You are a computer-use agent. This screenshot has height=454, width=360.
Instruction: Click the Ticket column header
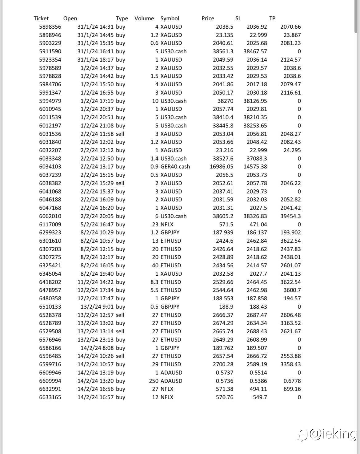(41, 18)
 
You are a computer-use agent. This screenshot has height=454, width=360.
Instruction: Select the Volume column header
(144, 18)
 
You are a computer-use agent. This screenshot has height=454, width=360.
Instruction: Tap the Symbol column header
(170, 18)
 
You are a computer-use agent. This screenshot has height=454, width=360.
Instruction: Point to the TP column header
(272, 18)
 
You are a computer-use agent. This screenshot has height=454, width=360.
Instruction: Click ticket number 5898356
(50, 27)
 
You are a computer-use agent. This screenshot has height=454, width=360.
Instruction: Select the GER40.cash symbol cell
(175, 167)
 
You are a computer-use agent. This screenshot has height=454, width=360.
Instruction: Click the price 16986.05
(219, 167)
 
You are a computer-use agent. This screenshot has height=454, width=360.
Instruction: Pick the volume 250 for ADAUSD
(154, 381)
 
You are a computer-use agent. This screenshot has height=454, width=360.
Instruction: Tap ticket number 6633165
(50, 397)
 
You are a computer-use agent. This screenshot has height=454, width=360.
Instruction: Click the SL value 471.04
(258, 225)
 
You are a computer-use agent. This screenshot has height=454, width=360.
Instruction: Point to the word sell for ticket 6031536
(120, 134)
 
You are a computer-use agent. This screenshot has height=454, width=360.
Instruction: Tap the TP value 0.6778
(292, 381)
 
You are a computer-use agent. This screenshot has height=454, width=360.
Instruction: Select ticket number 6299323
(50, 233)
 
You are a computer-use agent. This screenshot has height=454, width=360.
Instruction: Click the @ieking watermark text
(332, 434)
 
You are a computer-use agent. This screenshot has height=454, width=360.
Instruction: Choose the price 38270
(225, 101)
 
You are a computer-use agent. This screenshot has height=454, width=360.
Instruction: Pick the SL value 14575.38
(255, 167)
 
